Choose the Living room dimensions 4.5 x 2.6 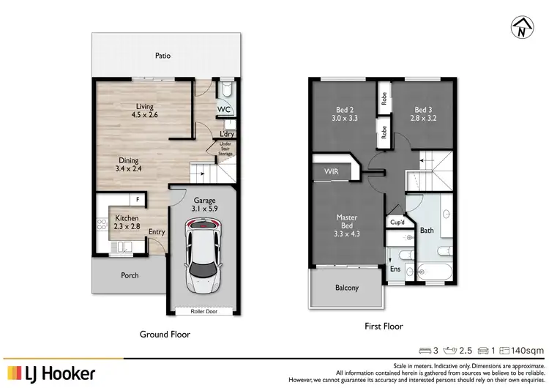coord(143,114)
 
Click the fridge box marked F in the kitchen coord(137,199)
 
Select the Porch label coord(129,275)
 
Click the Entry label coord(156,232)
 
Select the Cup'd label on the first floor coord(398,222)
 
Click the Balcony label coord(346,288)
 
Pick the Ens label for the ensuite coord(395,269)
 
